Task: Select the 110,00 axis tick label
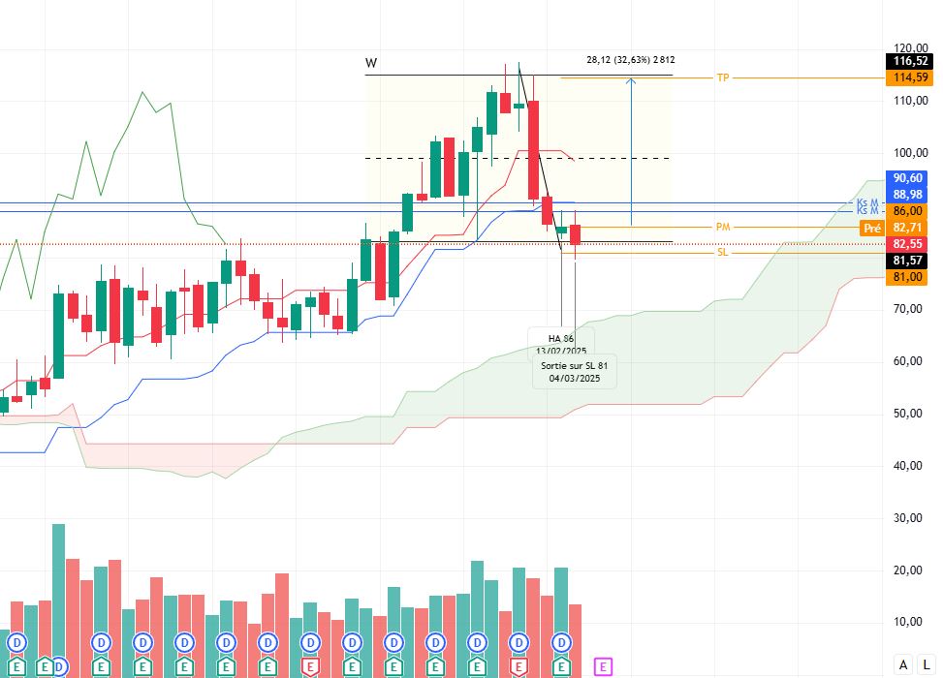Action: (x=911, y=101)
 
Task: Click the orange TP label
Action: (x=722, y=77)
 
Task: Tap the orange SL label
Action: (x=722, y=252)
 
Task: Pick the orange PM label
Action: (x=722, y=227)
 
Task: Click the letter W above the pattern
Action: (x=371, y=64)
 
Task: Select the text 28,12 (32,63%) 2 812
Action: (x=630, y=60)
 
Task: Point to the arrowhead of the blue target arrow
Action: (x=631, y=81)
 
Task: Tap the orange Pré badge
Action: (x=871, y=229)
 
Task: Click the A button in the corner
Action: (x=903, y=664)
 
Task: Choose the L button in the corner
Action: (x=927, y=664)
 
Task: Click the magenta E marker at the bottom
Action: (x=603, y=666)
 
